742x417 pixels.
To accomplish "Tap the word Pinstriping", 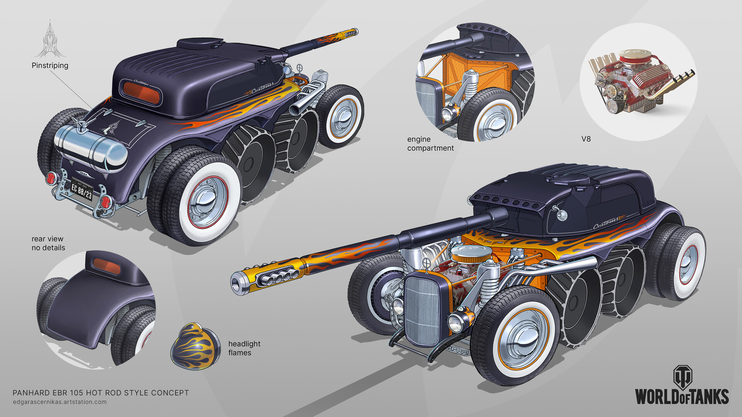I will click(x=50, y=66).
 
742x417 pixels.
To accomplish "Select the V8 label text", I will click(x=586, y=139).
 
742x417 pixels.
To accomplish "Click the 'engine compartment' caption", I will click(x=430, y=144).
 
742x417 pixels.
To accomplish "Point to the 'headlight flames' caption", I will click(x=244, y=348).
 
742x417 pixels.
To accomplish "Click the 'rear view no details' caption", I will click(x=48, y=243).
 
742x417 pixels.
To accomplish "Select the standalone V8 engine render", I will click(x=640, y=81).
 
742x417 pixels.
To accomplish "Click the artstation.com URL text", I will click(x=60, y=402).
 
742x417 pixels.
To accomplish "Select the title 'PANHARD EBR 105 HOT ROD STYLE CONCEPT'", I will click(x=100, y=393).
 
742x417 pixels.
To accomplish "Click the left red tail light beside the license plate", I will click(x=51, y=178).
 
